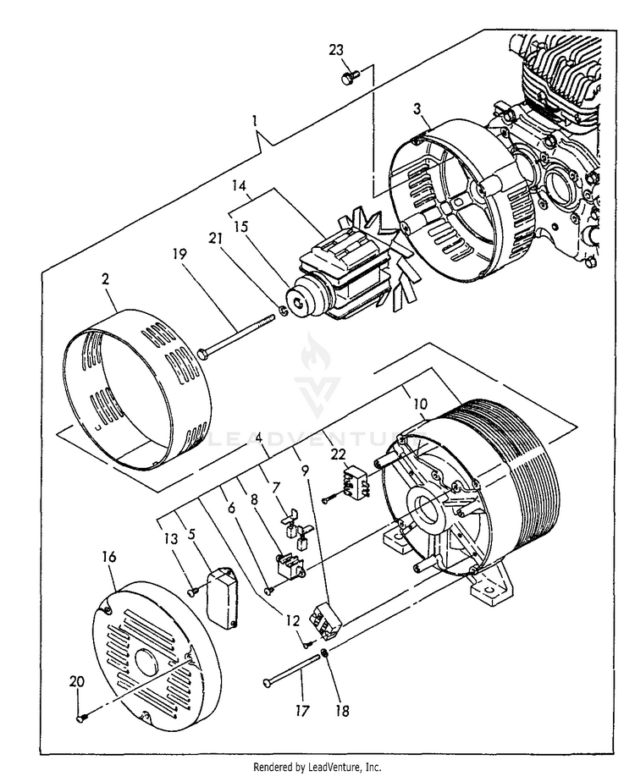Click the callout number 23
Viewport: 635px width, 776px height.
(336, 50)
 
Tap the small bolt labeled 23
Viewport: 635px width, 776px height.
(347, 77)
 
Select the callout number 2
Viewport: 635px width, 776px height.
(108, 278)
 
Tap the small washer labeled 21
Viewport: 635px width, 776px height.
(285, 311)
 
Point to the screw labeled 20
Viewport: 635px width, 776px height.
(80, 718)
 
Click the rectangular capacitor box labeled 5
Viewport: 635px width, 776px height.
(224, 597)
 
